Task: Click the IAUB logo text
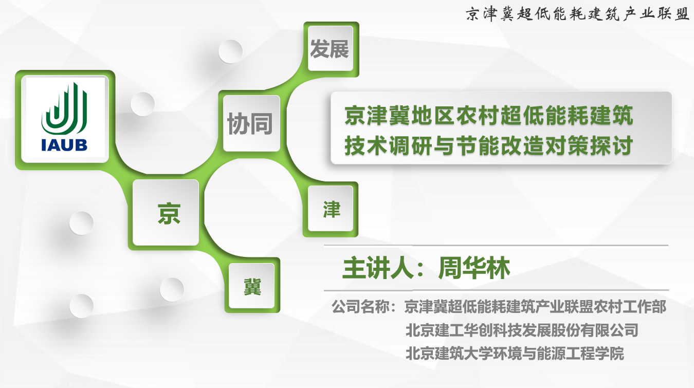pyautogui.click(x=64, y=145)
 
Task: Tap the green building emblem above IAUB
pyautogui.click(x=64, y=108)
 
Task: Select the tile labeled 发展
pyautogui.click(x=330, y=49)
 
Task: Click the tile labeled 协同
pyautogui.click(x=251, y=123)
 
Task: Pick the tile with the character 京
pyautogui.click(x=166, y=213)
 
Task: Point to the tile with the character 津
pyautogui.click(x=331, y=209)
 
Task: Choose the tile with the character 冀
pyautogui.click(x=251, y=286)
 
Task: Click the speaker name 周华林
pyautogui.click(x=473, y=268)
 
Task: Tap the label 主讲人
pyautogui.click(x=378, y=268)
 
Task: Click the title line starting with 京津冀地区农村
pyautogui.click(x=488, y=115)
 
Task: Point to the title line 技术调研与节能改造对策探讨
pyautogui.click(x=488, y=145)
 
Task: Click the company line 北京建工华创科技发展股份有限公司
pyautogui.click(x=522, y=330)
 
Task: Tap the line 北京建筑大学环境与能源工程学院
pyautogui.click(x=515, y=354)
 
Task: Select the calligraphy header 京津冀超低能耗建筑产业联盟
pyautogui.click(x=577, y=14)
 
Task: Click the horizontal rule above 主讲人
pyautogui.click(x=496, y=246)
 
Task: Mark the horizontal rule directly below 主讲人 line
pyautogui.click(x=496, y=290)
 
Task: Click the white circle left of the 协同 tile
pyautogui.click(x=142, y=104)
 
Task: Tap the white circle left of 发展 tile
pyautogui.click(x=230, y=51)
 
